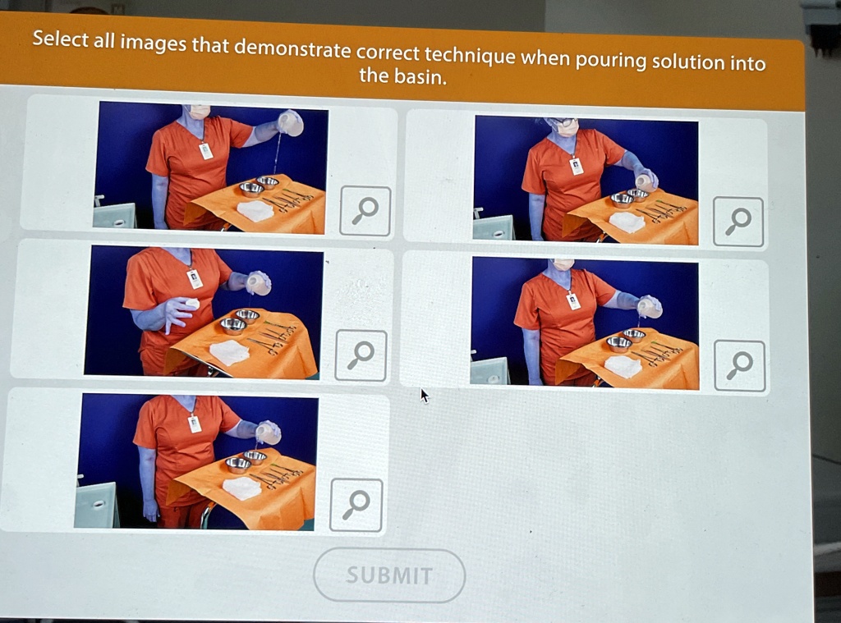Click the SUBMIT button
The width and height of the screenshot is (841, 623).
click(x=388, y=575)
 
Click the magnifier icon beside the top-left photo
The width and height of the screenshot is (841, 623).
click(x=365, y=211)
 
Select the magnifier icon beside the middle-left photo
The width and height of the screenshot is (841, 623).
click(x=361, y=355)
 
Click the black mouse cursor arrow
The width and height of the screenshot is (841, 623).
click(x=424, y=396)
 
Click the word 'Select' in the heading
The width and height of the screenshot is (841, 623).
click(x=61, y=39)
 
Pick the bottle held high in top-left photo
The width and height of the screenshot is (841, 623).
click(x=290, y=123)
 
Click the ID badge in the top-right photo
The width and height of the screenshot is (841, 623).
click(x=577, y=167)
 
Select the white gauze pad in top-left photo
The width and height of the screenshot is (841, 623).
click(x=255, y=211)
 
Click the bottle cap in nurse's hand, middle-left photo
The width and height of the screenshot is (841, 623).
click(x=191, y=304)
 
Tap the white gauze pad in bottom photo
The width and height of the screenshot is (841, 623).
click(x=241, y=488)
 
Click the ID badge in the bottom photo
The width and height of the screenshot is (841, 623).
click(x=195, y=424)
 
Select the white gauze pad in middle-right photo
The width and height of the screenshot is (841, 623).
click(x=623, y=366)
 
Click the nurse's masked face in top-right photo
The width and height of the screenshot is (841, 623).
click(x=565, y=127)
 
